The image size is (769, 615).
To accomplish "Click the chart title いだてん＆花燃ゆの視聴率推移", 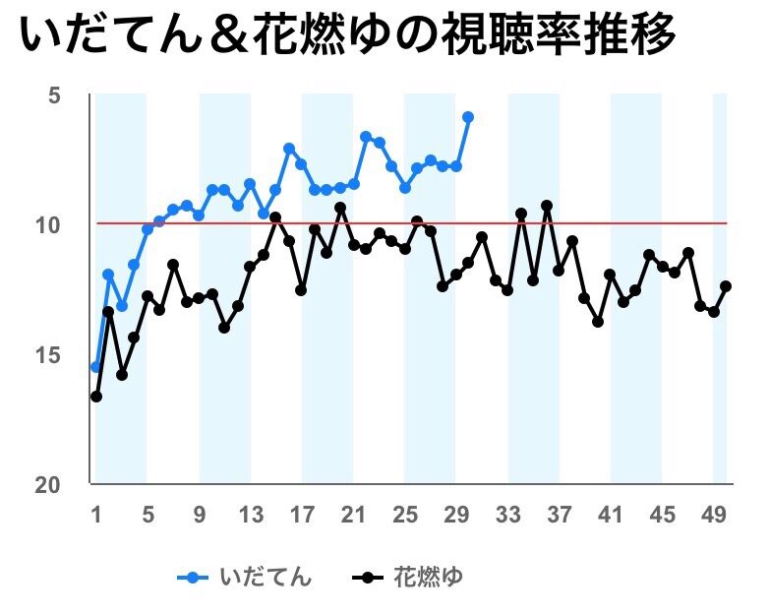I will coord(348,38).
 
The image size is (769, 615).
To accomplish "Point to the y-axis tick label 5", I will coord(52,95).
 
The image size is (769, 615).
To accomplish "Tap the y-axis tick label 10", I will coord(48,225).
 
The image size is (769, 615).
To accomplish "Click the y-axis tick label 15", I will coord(48,355).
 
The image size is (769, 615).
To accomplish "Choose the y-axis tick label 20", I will coord(48,485).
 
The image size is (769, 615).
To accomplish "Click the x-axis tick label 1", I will coord(96,514).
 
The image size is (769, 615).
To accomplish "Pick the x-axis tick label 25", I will coord(404,514).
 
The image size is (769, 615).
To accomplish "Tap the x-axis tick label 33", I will coord(507,514).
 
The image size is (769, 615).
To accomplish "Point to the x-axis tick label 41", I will coord(610,514).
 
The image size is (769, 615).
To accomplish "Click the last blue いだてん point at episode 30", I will coord(468,117).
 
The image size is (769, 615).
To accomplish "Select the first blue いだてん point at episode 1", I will coord(95,367).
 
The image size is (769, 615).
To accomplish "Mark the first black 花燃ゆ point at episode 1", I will coord(96,397).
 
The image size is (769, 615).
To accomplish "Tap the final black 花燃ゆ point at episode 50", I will coord(726,286).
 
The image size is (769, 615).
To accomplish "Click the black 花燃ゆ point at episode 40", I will coord(598,322).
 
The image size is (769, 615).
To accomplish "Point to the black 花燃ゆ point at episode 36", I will coord(547,206).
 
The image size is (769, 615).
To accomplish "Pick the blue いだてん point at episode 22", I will coord(366,136).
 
